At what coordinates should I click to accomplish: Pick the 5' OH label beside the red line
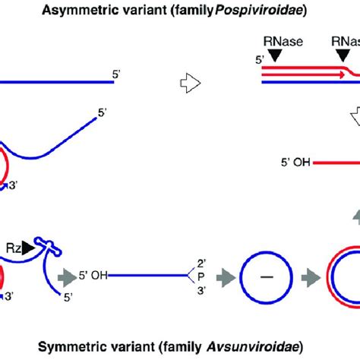(x=295, y=161)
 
